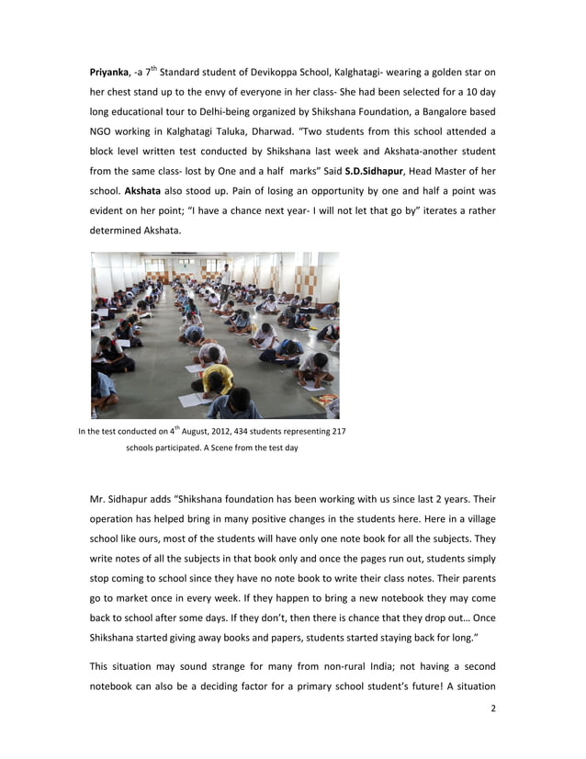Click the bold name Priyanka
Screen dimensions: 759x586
coord(109,71)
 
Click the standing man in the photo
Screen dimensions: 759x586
coord(224,272)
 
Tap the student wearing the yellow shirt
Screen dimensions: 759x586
coord(218,378)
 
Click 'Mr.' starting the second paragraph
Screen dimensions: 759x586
coord(98,500)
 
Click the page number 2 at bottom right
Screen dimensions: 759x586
coord(493,710)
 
